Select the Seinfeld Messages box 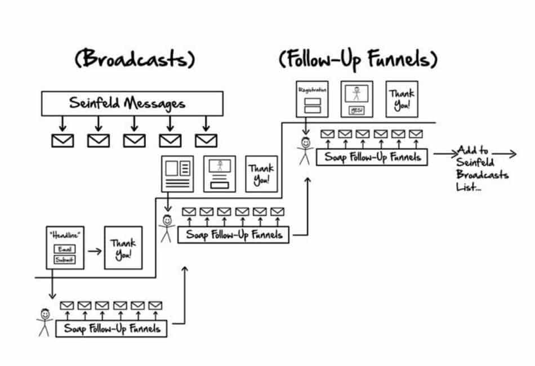(x=127, y=103)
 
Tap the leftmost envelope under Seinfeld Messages (x=62, y=140)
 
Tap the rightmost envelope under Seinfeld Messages (x=206, y=140)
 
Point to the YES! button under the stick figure (x=356, y=110)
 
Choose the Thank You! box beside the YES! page (x=402, y=99)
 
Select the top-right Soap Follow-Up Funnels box (x=372, y=157)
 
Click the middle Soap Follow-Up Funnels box (x=233, y=234)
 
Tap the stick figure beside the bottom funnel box (x=44, y=322)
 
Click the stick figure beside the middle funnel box (x=166, y=228)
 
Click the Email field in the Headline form (x=64, y=249)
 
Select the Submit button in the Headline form (x=64, y=260)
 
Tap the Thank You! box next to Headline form (x=123, y=248)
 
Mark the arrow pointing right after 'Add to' (x=504, y=153)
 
